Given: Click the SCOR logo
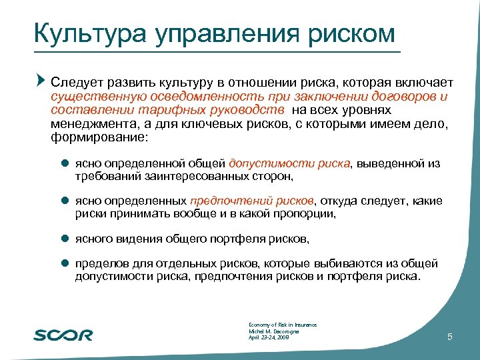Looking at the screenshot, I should coord(63,334).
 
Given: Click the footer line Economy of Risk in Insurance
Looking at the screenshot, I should coord(282,325).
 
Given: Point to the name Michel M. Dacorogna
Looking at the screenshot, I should coord(274,331).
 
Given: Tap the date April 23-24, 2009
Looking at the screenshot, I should coord(268,338).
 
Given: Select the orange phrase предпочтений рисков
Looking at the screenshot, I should coord(251,201).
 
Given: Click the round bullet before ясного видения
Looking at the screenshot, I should coord(65,239).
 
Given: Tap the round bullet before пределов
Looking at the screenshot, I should coord(65,263).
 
